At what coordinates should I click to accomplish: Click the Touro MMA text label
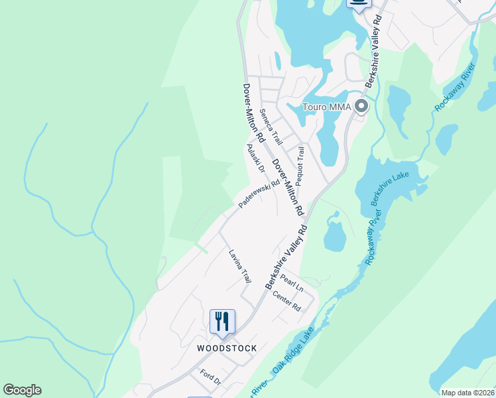click(326, 107)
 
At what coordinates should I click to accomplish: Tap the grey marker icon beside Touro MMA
click(361, 106)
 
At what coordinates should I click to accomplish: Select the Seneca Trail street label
click(271, 127)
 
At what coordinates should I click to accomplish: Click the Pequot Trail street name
click(300, 166)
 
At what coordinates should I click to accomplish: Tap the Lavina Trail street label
click(240, 265)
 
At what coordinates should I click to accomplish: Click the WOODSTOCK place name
click(227, 348)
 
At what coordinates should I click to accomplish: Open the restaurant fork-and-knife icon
click(222, 322)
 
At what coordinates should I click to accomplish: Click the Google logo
click(22, 390)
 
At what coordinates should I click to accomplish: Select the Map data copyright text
click(467, 393)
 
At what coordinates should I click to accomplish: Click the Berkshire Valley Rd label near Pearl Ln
click(286, 255)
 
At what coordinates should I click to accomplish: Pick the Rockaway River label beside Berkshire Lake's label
click(372, 236)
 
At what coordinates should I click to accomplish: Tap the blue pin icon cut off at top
click(359, 5)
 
